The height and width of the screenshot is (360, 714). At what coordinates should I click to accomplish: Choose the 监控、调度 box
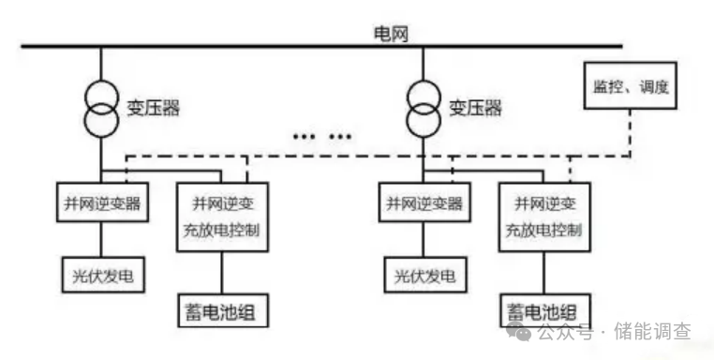point(629,87)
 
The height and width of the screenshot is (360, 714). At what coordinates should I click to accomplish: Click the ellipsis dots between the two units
point(319,137)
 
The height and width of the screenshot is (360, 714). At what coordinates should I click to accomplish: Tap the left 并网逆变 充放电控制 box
point(223,217)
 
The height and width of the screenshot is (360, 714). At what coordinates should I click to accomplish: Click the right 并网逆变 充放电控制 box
point(543,217)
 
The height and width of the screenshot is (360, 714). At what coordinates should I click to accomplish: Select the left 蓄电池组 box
point(223,308)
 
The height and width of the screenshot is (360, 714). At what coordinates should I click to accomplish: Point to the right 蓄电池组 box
point(543,309)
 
